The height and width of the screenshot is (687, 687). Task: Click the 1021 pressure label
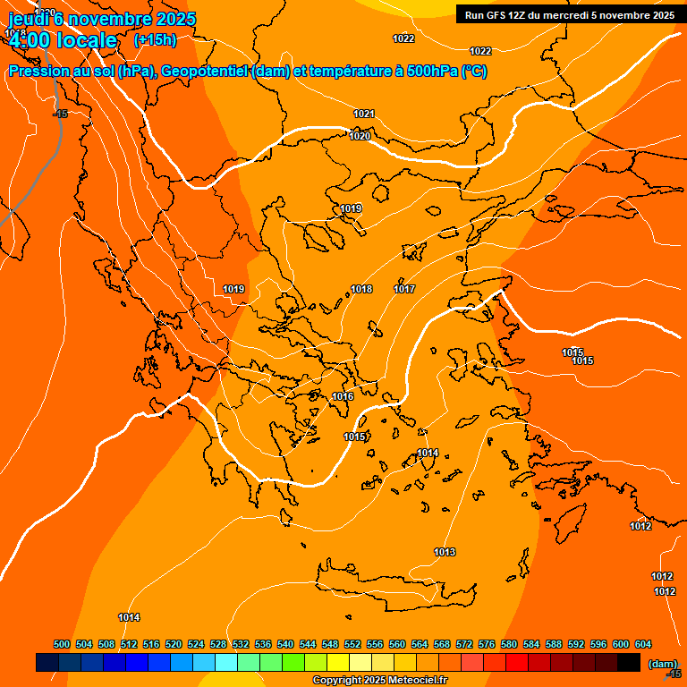point(364,114)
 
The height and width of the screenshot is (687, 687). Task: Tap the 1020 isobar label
point(360,136)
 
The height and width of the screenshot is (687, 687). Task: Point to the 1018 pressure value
point(361,289)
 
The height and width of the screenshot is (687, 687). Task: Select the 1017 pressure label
point(404,289)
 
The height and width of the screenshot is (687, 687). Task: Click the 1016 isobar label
point(343,396)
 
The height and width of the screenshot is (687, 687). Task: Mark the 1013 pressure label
point(445,552)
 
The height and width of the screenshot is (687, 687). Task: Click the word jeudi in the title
point(30,19)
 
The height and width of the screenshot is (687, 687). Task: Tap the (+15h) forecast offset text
point(155,39)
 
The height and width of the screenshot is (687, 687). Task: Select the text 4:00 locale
point(63,40)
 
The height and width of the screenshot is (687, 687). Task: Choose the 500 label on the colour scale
point(62,645)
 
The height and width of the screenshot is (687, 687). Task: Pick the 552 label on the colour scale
point(352,645)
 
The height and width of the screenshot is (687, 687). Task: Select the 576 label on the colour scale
point(487,645)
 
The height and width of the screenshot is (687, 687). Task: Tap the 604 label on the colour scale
point(642,645)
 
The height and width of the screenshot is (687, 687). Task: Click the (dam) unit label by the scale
point(662,663)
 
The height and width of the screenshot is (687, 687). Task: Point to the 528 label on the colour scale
point(218,645)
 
